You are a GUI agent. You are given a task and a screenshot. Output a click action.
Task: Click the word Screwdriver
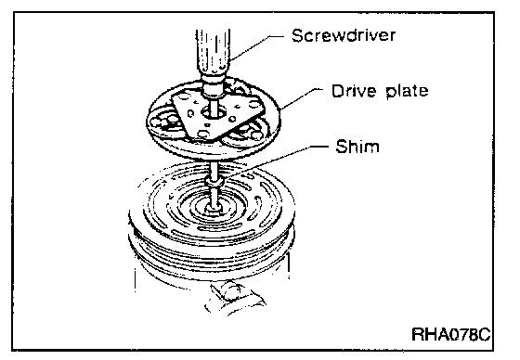[x=344, y=35]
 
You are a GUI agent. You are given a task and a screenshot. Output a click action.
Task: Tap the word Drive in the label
[x=354, y=91]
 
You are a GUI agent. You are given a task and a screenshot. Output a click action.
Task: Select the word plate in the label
[x=407, y=92]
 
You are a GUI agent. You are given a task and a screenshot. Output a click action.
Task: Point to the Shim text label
[x=357, y=147]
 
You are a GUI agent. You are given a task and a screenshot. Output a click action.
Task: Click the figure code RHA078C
[x=450, y=334]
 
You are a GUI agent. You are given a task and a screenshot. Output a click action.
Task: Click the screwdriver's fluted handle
[x=214, y=51]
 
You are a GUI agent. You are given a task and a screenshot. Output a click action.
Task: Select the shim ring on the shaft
[x=214, y=183]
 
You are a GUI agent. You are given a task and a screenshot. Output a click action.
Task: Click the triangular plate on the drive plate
[x=217, y=116]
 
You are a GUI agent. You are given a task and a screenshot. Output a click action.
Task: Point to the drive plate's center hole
[x=213, y=114]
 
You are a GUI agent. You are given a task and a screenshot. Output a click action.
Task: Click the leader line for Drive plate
[x=301, y=98]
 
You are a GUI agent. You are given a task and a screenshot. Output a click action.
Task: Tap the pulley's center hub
[x=213, y=208]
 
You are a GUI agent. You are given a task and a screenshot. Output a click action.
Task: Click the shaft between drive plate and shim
[x=214, y=169]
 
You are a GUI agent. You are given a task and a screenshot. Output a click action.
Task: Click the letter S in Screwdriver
[x=297, y=35]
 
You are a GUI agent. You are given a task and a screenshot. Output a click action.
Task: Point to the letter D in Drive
[x=338, y=91]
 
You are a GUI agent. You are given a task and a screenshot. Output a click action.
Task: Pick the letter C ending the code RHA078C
[x=484, y=334]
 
